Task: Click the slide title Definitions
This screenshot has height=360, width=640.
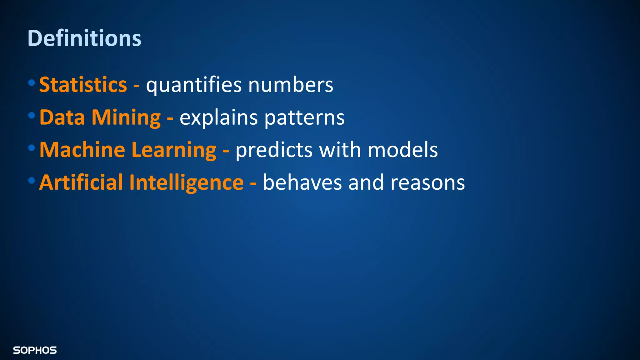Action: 84,38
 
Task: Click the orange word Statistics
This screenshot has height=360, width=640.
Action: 83,85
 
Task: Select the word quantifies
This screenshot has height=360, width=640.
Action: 194,85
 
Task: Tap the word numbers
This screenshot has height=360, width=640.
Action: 291,85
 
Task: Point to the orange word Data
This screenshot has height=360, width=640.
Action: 62,117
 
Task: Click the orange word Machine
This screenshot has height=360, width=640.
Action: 82,150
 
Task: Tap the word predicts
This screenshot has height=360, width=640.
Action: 274,150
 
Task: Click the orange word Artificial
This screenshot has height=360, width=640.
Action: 81,182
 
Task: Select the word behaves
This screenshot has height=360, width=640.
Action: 302,182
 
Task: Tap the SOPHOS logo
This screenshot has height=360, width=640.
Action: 35,350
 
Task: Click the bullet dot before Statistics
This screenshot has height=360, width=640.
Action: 31,83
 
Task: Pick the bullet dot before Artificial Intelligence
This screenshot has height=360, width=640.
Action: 31,180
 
